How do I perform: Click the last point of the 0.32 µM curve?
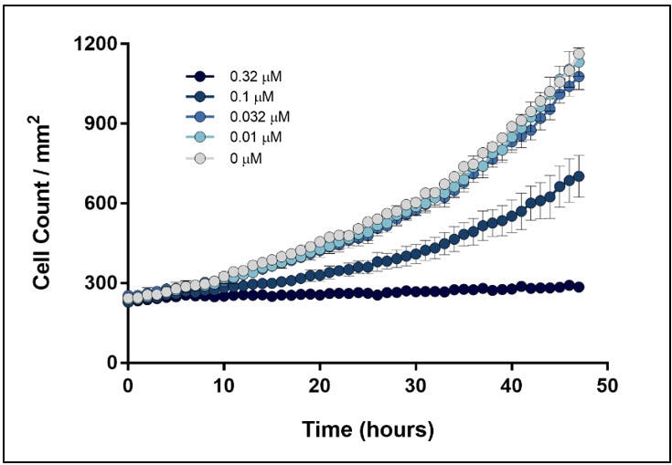coord(579,287)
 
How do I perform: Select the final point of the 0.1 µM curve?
coord(579,176)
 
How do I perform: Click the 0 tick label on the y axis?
coord(111,362)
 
